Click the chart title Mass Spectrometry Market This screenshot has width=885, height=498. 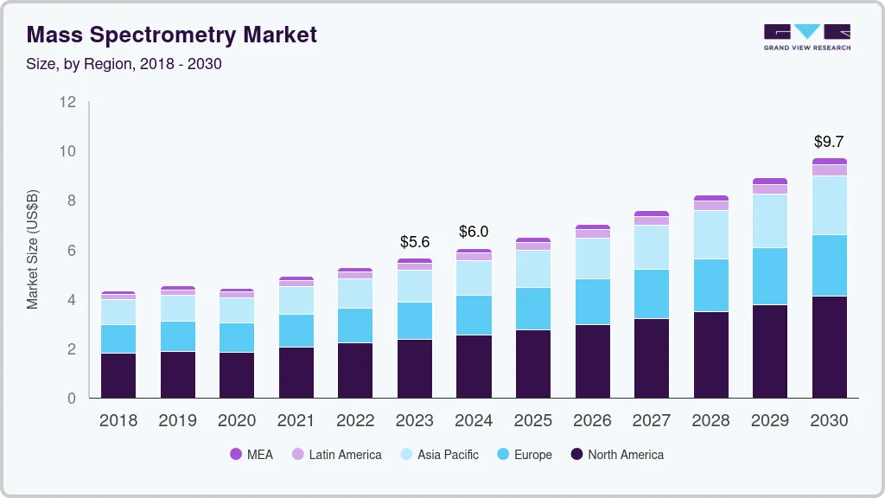[172, 35]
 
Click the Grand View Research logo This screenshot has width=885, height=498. [806, 37]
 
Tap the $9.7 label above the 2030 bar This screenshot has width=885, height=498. [829, 142]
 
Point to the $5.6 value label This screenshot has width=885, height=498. [414, 242]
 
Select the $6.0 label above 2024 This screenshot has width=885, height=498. [474, 232]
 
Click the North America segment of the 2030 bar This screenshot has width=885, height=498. [829, 347]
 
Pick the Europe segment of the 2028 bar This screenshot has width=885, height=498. [710, 285]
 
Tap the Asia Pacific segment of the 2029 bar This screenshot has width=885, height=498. [769, 221]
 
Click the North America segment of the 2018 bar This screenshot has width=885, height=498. [118, 375]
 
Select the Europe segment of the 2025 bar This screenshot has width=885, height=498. [532, 309]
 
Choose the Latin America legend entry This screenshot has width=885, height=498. [336, 454]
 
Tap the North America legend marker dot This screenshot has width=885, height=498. [576, 454]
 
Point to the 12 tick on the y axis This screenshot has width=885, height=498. [68, 102]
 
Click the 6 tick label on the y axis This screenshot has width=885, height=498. [72, 251]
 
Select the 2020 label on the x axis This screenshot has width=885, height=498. [236, 420]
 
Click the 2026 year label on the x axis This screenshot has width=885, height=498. [592, 420]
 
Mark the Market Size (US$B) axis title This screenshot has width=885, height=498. [33, 250]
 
